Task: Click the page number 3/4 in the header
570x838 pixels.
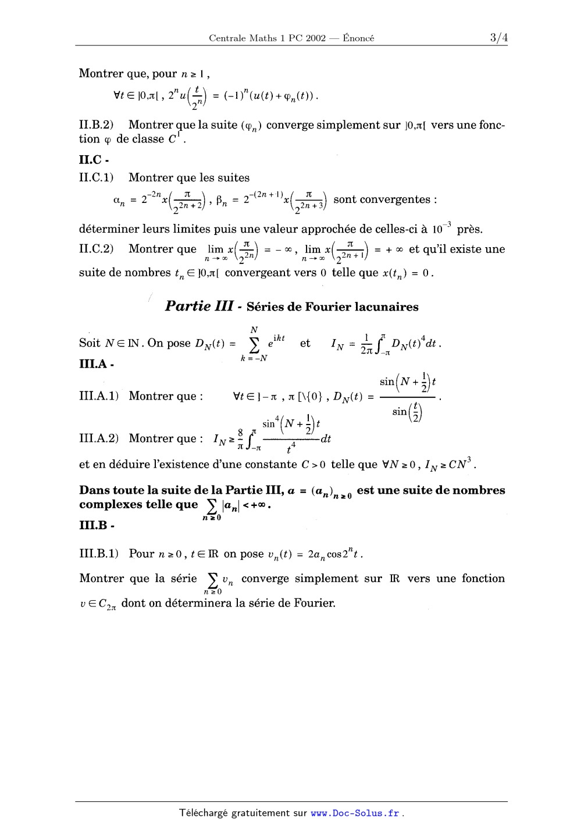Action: coord(498,38)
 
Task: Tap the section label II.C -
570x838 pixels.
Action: coord(94,159)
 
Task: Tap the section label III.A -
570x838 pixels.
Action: coord(96,365)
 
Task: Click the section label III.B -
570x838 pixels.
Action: coord(96,526)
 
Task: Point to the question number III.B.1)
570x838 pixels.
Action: coord(99,554)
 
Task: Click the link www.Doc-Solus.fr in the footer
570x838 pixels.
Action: coord(355,813)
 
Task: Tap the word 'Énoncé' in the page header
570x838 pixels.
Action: coord(358,38)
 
